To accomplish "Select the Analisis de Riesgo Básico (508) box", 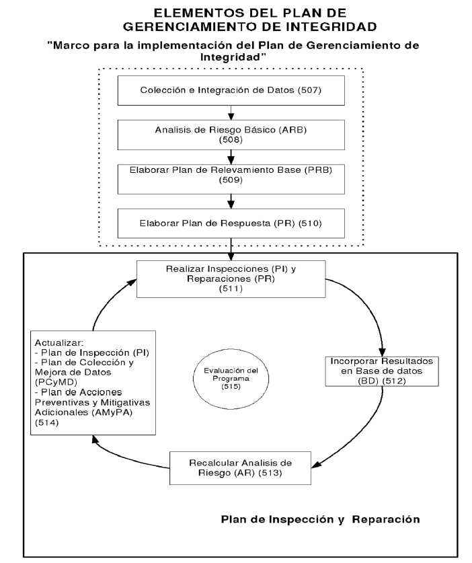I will pos(231,135).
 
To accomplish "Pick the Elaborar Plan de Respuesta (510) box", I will pos(231,223).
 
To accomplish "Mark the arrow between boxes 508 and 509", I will pos(231,156).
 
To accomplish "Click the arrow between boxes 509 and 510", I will pos(231,200).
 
